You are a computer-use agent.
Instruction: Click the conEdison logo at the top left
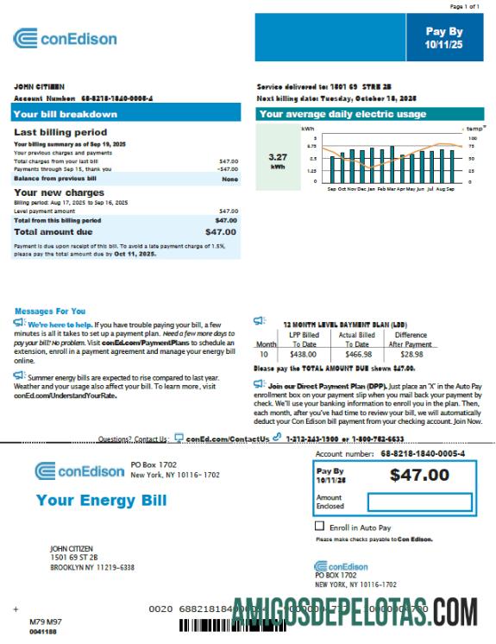[x=66, y=38]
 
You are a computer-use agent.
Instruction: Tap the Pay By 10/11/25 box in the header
[x=444, y=36]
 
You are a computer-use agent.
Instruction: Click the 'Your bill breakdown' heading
[x=66, y=114]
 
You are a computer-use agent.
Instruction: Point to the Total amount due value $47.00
[x=221, y=231]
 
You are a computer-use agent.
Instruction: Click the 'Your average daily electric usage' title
[x=342, y=114]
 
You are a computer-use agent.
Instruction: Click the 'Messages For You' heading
[x=50, y=311]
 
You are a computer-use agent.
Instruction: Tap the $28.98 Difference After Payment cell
[x=411, y=354]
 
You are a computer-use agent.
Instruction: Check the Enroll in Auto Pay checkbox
[x=320, y=526]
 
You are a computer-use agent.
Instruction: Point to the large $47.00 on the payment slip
[x=419, y=474]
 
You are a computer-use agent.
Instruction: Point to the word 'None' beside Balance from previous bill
[x=229, y=179]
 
